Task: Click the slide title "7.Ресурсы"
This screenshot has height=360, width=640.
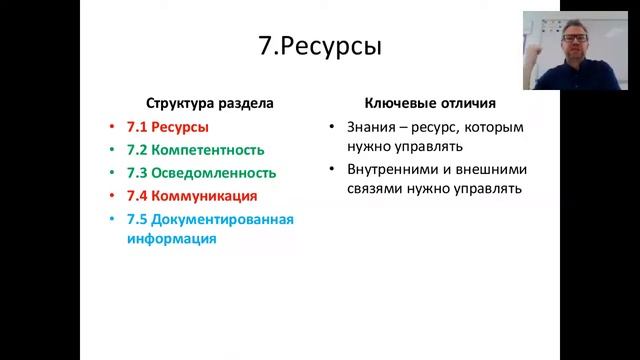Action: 320,48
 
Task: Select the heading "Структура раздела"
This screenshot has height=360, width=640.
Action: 210,103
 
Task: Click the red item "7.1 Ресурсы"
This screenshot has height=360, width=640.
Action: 168,127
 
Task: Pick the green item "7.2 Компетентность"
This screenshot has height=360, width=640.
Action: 195,150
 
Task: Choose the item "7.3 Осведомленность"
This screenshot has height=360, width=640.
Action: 201,173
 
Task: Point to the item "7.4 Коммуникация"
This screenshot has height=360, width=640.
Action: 192,196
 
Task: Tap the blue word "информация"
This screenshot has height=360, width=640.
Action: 171,239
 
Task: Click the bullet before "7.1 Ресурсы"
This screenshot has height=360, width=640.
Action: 115,128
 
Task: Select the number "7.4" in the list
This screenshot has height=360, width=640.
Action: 138,196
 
